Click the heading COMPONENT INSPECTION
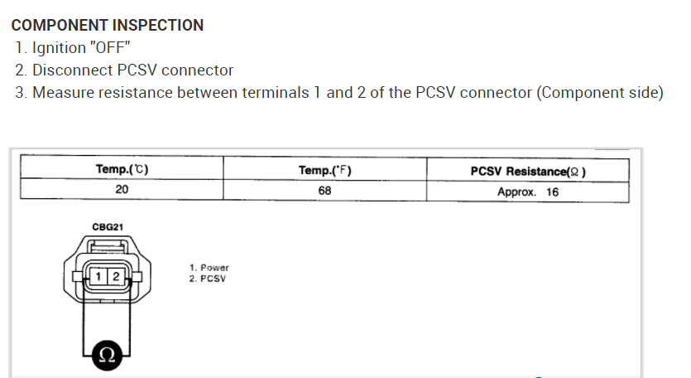click(108, 25)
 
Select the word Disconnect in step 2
click(70, 70)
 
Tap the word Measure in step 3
click(63, 93)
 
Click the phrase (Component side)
click(600, 93)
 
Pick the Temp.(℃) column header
click(122, 170)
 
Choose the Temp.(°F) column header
click(324, 170)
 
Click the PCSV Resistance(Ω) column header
click(528, 171)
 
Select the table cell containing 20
click(122, 191)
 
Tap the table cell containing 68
click(324, 191)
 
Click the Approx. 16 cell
click(528, 191)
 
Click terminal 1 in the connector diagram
click(98, 275)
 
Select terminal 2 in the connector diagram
click(116, 275)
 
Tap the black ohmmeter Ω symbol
click(105, 354)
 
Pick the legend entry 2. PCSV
click(208, 279)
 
